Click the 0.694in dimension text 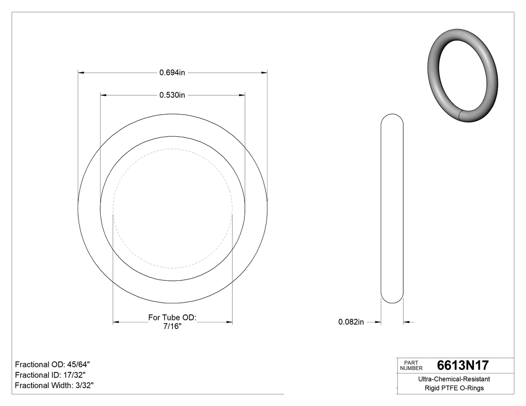pos(172,73)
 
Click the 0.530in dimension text pos(172,95)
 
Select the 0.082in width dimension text pos(351,322)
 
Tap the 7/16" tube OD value pos(172,326)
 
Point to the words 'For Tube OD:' pos(172,317)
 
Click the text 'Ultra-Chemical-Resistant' pos(454,379)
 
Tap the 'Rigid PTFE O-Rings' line pos(454,388)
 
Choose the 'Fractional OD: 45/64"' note pos(53,364)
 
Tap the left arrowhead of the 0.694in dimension pos(81,73)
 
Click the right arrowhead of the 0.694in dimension pos(264,73)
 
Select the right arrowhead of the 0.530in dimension pos(242,95)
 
